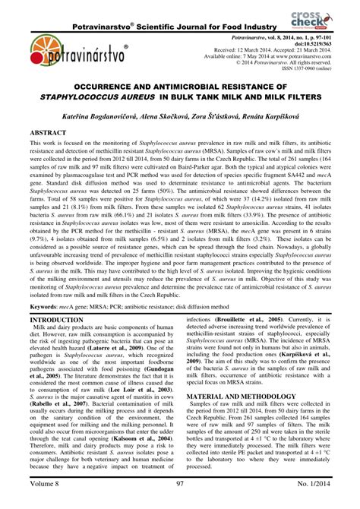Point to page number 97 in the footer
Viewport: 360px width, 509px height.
182,500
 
